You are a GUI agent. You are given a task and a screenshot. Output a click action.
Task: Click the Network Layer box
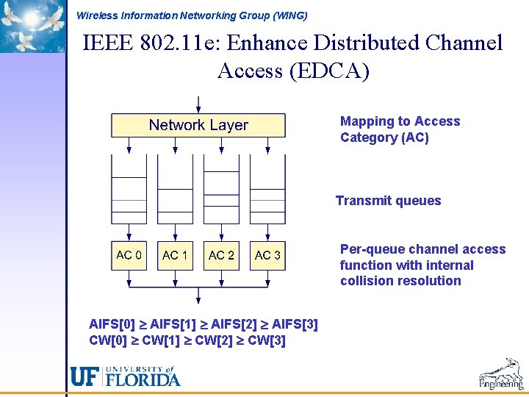pos(198,125)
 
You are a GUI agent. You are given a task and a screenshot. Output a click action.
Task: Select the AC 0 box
pos(129,255)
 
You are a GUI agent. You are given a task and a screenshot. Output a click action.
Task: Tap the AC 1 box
pos(175,255)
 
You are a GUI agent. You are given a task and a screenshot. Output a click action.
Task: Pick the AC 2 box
pos(221,255)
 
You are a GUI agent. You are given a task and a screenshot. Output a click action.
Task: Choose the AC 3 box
pos(267,255)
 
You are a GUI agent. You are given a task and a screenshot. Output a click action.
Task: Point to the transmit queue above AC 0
pos(129,195)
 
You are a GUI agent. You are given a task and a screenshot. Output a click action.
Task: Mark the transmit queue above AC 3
pos(267,195)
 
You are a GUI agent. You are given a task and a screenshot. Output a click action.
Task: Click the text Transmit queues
pos(388,201)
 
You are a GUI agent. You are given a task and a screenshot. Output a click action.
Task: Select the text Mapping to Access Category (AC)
pos(400,129)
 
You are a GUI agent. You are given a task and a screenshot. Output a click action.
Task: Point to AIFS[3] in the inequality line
pos(295,324)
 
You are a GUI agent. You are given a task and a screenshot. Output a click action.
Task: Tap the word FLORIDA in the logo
pos(143,379)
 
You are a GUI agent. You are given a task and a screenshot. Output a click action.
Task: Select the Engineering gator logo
pos(501,373)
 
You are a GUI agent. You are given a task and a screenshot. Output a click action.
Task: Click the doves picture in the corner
pos(32,26)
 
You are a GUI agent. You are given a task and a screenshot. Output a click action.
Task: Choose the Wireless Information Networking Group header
pos(192,15)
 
